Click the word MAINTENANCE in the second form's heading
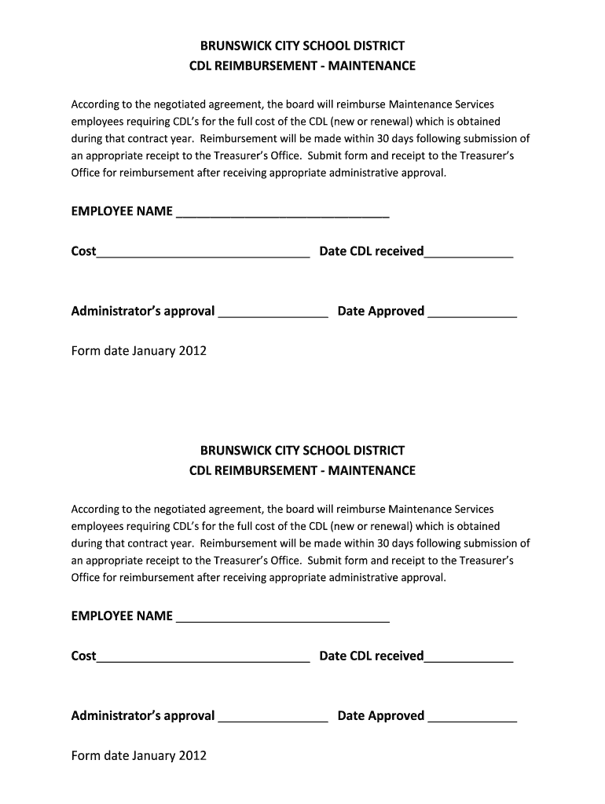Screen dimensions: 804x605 click(372, 471)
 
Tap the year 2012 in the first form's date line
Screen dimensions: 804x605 click(192, 351)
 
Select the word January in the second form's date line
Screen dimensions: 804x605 click(154, 756)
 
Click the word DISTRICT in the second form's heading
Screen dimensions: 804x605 click(379, 451)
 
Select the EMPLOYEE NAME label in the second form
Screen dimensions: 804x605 click(122, 616)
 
